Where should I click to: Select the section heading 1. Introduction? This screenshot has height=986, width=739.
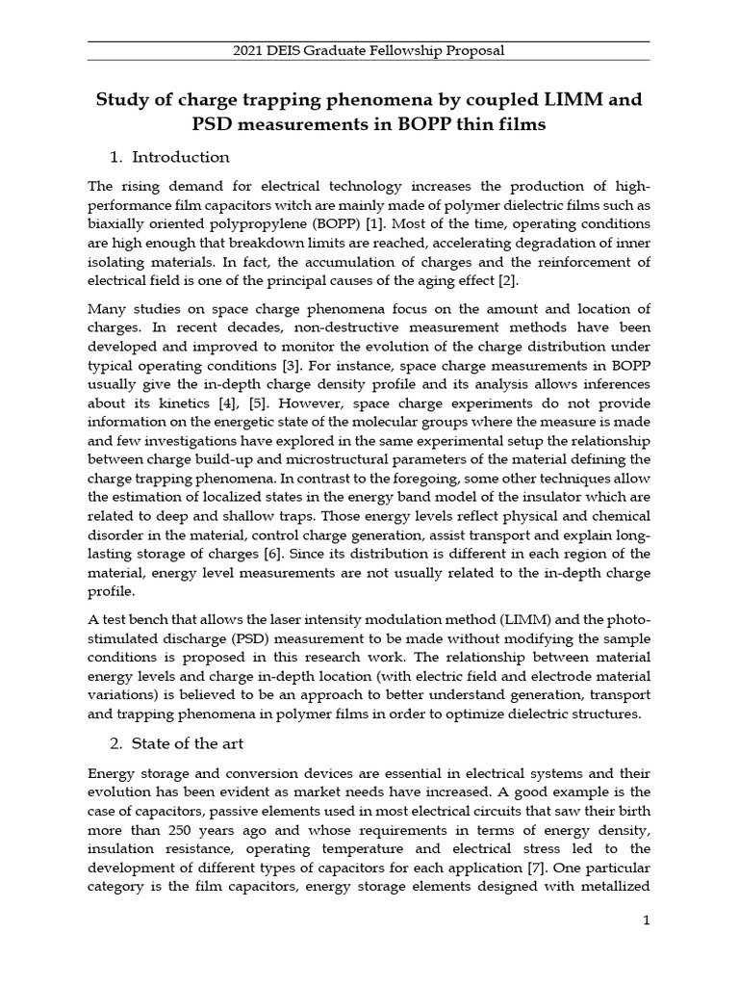[x=169, y=157]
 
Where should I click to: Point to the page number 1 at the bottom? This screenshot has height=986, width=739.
[x=648, y=921]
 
